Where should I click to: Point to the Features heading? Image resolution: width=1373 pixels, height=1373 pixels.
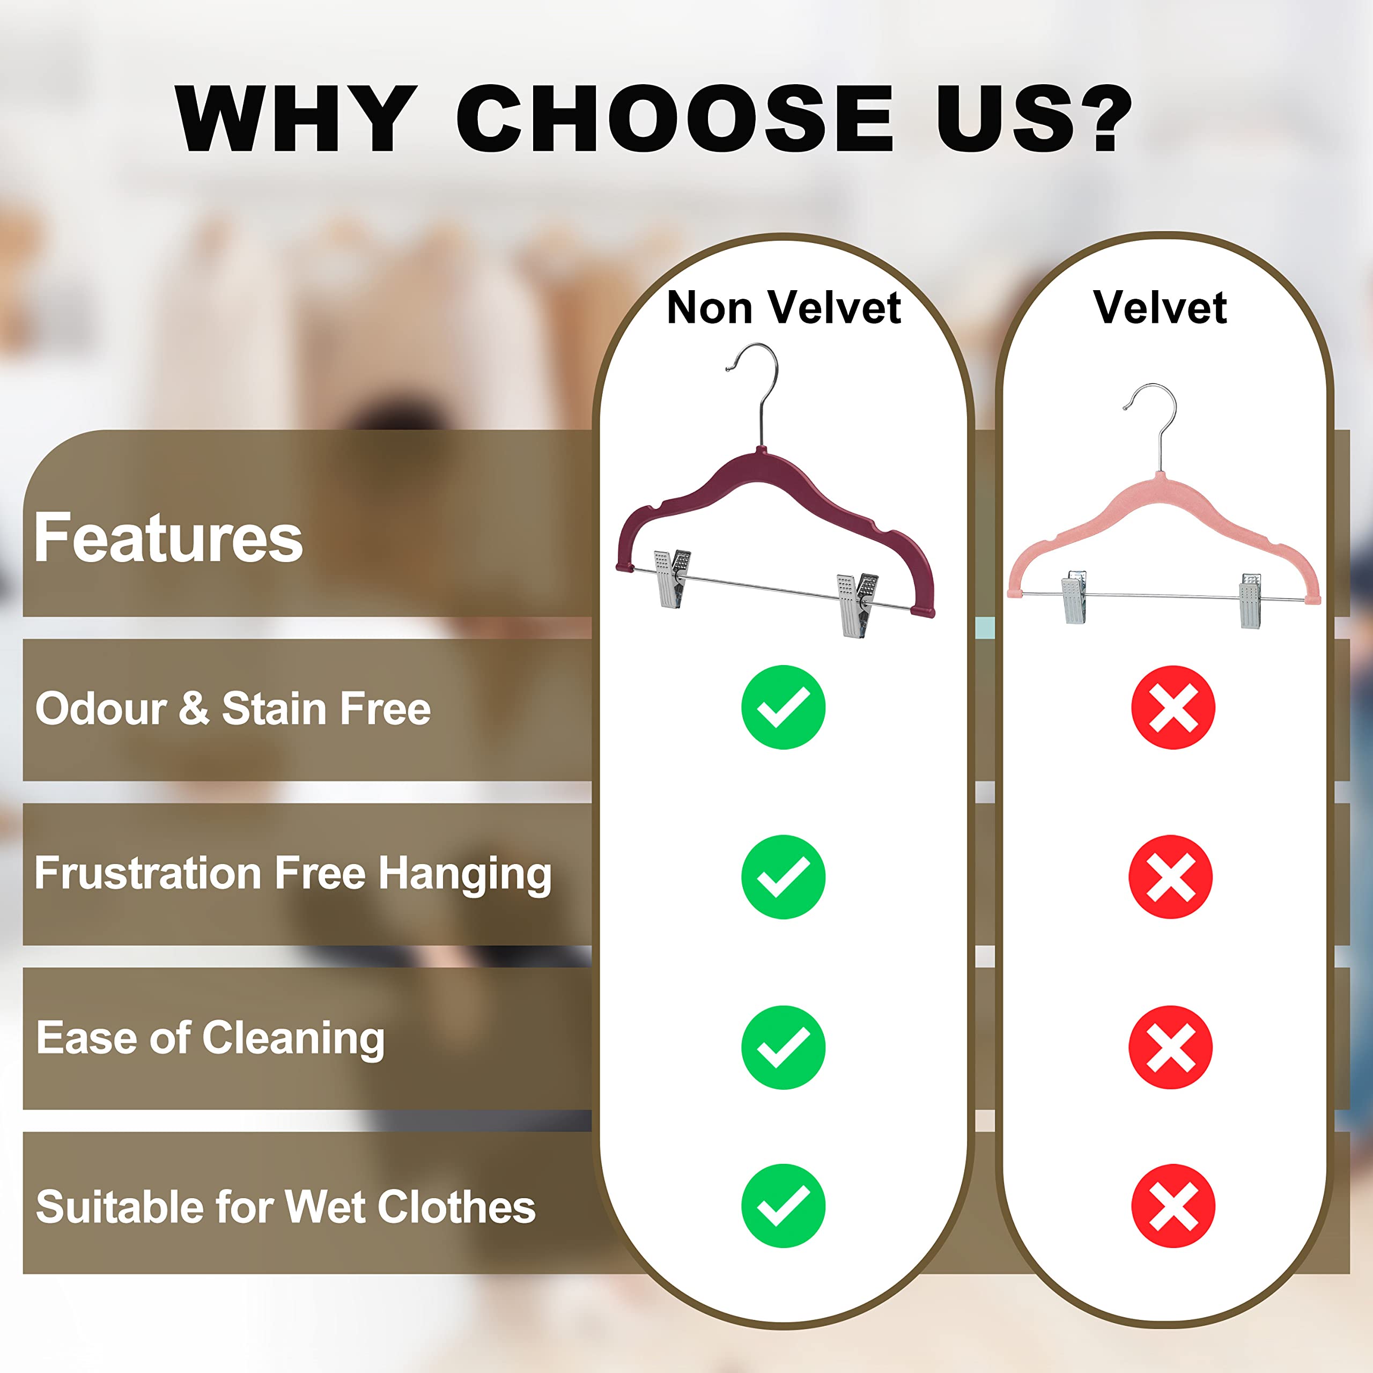pyautogui.click(x=168, y=538)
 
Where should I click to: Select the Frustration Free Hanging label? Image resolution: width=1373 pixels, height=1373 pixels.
pyautogui.click(x=293, y=873)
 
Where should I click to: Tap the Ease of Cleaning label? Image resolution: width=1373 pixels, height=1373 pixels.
pyautogui.click(x=210, y=1038)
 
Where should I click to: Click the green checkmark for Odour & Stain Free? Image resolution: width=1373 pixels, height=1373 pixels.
pyautogui.click(x=783, y=707)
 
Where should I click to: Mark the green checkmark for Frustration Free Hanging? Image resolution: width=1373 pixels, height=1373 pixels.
pyautogui.click(x=783, y=877)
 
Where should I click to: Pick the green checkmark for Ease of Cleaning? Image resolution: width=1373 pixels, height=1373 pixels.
pyautogui.click(x=783, y=1047)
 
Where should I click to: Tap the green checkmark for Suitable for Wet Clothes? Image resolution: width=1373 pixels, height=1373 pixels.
pyautogui.click(x=783, y=1206)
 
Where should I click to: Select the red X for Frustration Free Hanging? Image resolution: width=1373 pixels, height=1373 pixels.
pyautogui.click(x=1170, y=877)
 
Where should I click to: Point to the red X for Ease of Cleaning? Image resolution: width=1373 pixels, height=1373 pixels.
pyautogui.click(x=1170, y=1047)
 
